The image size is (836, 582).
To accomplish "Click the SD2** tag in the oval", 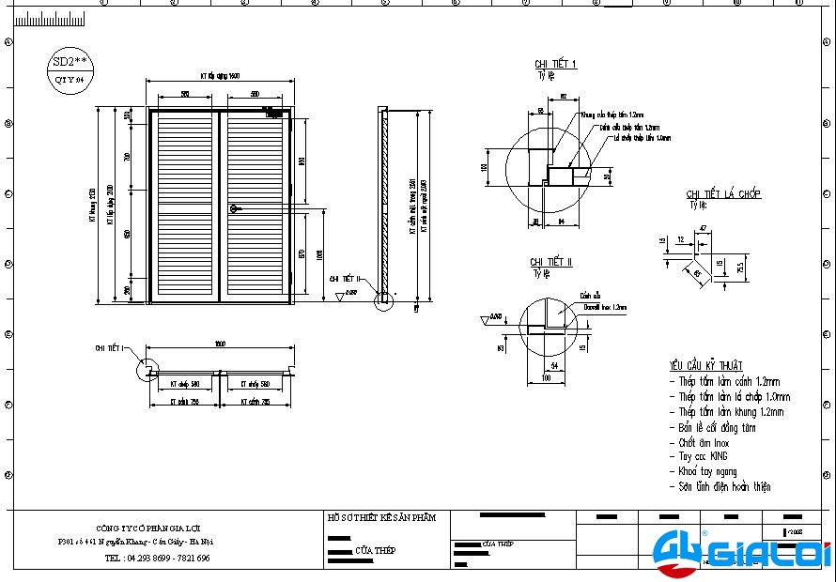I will [x=70, y=61].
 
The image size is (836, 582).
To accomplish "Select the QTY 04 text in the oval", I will [x=70, y=81].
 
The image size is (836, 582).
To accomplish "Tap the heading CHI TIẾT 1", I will [x=556, y=64].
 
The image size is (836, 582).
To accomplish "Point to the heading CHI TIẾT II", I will [x=550, y=262].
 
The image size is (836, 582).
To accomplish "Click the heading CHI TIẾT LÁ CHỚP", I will [x=723, y=194].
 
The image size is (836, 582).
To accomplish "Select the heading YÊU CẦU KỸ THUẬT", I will [x=705, y=365].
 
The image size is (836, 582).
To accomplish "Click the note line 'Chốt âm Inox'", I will [x=704, y=442].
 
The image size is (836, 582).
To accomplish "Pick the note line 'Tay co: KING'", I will [x=704, y=457].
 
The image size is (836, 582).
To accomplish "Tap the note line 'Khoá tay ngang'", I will [x=707, y=472].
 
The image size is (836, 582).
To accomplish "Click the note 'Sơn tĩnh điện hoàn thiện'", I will [x=724, y=487].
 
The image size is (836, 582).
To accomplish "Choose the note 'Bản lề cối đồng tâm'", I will [x=718, y=427].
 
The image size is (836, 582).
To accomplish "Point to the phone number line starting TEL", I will [x=157, y=558].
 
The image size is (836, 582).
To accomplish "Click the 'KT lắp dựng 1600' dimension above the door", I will [x=220, y=75].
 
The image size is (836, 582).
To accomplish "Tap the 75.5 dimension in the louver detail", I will [x=741, y=268].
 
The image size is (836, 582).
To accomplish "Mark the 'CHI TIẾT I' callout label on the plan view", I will [x=110, y=348].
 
